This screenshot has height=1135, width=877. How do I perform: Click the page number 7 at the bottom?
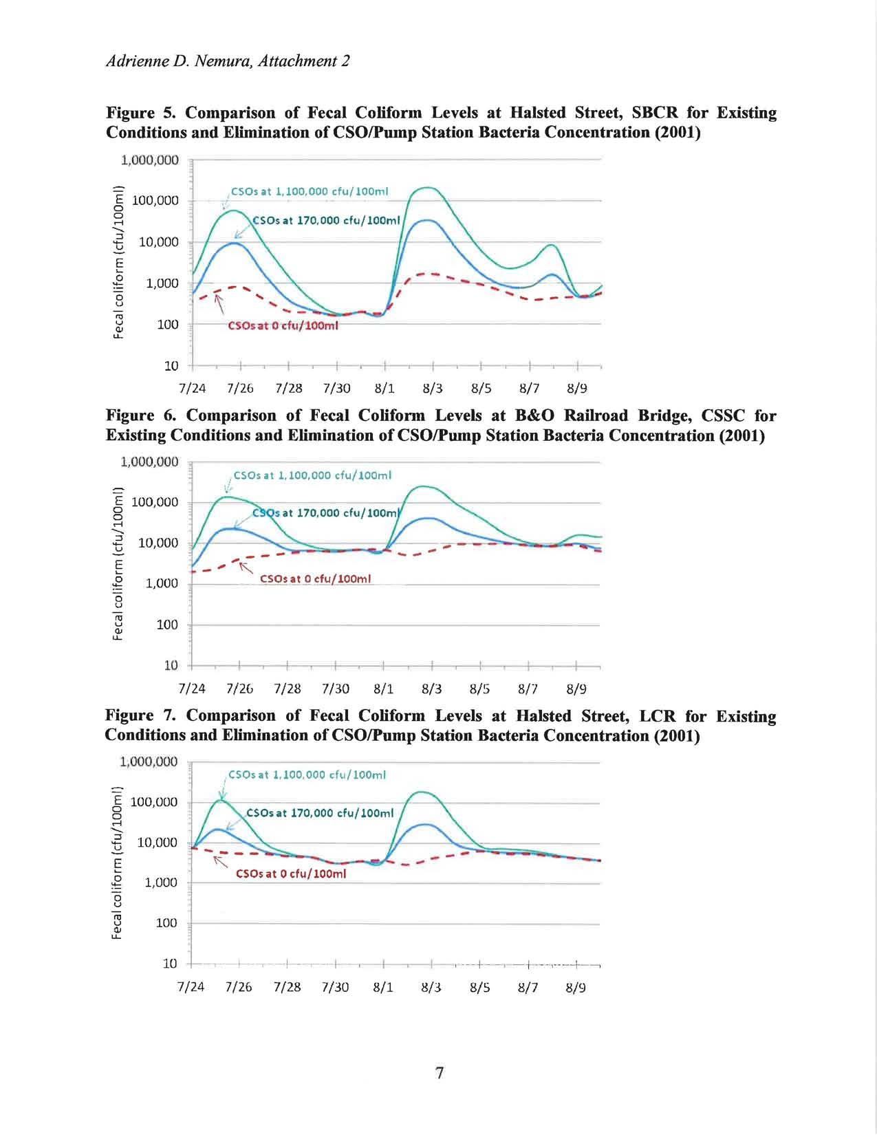pos(440,1072)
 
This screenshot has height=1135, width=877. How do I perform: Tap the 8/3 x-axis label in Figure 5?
pos(433,389)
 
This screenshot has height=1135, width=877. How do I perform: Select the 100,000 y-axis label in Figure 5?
pos(155,201)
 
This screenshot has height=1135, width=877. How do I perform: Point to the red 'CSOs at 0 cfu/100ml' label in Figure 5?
pos(283,326)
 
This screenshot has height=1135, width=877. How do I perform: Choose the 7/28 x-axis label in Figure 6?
pos(288,689)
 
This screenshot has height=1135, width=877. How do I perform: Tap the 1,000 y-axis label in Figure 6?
pos(162,583)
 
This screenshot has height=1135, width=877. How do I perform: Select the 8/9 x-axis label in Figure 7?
pos(576,988)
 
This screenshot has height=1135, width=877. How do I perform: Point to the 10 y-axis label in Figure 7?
pos(171,964)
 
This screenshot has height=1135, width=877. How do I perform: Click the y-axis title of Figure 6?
pos(118,563)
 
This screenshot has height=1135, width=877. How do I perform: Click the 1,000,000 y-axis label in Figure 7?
pos(149,761)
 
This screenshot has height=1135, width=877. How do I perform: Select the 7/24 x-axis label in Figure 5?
pos(192,389)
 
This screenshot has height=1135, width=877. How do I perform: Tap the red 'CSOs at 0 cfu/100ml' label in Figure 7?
pos(291,874)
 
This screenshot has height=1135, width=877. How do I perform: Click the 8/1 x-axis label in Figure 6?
pos(384,689)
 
